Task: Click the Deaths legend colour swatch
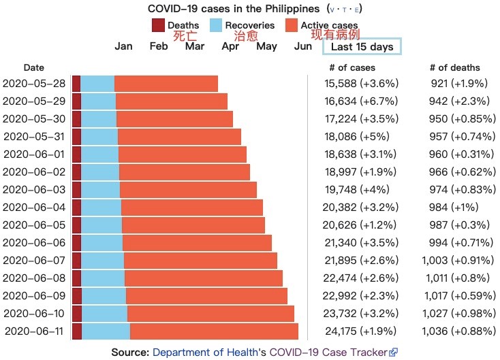(159, 26)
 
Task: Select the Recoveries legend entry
(250, 26)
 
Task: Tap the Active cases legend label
(329, 26)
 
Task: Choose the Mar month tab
(195, 46)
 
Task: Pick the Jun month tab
(303, 46)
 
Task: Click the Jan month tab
(124, 46)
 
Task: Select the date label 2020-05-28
(34, 84)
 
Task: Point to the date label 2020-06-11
(34, 331)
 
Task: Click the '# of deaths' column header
(455, 67)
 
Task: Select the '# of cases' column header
(352, 67)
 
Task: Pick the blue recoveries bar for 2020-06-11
(106, 331)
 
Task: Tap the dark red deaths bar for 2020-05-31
(76, 137)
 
